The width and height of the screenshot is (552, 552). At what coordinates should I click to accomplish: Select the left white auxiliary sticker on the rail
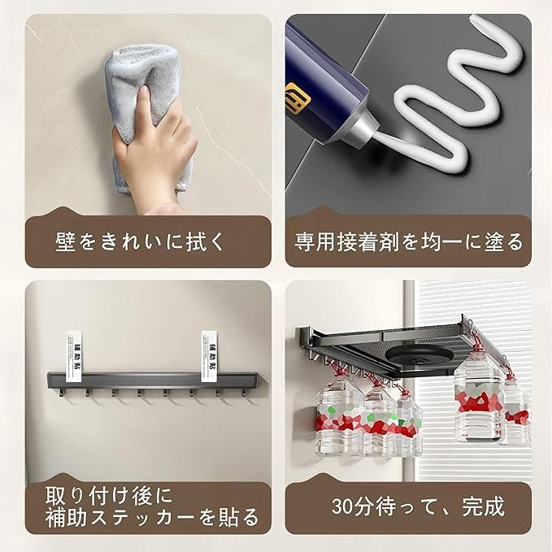click(x=75, y=356)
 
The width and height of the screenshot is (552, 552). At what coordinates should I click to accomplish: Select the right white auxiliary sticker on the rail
click(x=211, y=356)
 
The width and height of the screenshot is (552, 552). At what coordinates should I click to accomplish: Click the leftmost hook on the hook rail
click(x=61, y=392)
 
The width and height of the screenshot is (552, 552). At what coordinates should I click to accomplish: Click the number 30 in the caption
click(x=341, y=506)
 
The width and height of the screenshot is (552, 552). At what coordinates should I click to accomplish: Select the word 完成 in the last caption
click(x=483, y=506)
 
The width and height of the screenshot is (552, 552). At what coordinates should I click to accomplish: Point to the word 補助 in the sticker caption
click(x=66, y=517)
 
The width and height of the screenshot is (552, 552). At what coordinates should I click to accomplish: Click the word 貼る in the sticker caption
click(x=239, y=517)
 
